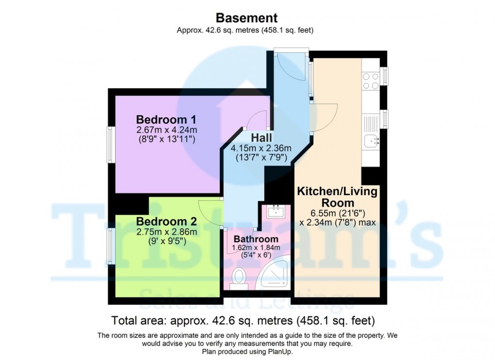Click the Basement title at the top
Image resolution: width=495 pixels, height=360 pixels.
[x=247, y=18]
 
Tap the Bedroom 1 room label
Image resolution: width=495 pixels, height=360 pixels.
[x=166, y=119]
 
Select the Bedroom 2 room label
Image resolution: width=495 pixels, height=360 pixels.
[x=166, y=221]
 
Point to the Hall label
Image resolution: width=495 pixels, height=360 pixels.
[x=262, y=138]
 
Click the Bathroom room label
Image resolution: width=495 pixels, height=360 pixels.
[x=256, y=239]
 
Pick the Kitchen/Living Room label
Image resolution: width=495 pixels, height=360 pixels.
[x=337, y=197]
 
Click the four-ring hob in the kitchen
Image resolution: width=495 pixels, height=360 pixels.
[x=371, y=81]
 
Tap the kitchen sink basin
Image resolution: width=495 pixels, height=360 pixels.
[x=371, y=141]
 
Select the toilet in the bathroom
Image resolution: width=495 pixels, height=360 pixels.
[x=239, y=279]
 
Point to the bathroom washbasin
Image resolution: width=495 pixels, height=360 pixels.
[x=276, y=211]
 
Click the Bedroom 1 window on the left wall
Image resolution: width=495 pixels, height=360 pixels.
[x=111, y=145]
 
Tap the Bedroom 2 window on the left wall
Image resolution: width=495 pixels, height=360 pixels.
[x=111, y=246]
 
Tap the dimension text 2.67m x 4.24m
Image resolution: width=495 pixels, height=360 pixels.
[x=166, y=130]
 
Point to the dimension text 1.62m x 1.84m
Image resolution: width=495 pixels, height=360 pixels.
[x=256, y=247]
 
